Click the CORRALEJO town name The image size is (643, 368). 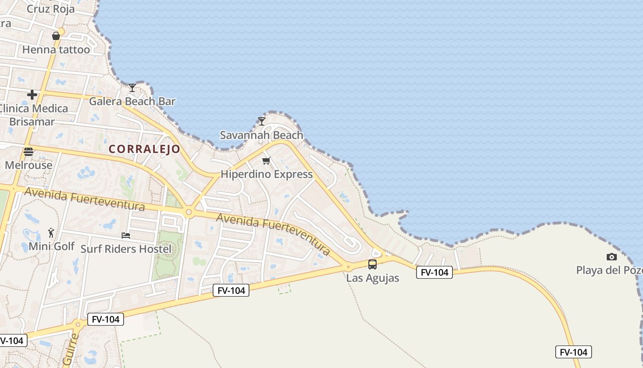tap(145, 149)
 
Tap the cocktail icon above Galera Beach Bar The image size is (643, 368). tap(132, 87)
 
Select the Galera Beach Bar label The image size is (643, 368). tap(132, 101)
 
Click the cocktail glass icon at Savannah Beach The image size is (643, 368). tap(262, 121)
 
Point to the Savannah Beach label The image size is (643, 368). tap(262, 135)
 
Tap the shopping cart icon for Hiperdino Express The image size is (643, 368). tap(266, 161)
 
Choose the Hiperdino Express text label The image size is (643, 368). tap(267, 174)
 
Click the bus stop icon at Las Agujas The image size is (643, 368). tap(372, 264)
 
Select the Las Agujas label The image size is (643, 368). tap(372, 278)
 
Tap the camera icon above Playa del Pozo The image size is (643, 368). tap(611, 257)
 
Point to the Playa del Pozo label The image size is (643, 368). tap(609, 270)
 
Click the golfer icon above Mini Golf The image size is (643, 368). tap(51, 233)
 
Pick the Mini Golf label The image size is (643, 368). tap(51, 246)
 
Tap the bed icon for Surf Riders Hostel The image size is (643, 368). tap(126, 236)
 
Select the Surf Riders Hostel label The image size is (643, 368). tap(126, 249)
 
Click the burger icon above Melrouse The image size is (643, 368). tap(28, 152)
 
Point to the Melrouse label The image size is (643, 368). tap(28, 165)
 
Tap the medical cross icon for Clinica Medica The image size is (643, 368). tap(32, 95)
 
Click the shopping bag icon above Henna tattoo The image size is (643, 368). tap(56, 36)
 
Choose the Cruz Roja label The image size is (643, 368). tap(51, 9)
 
